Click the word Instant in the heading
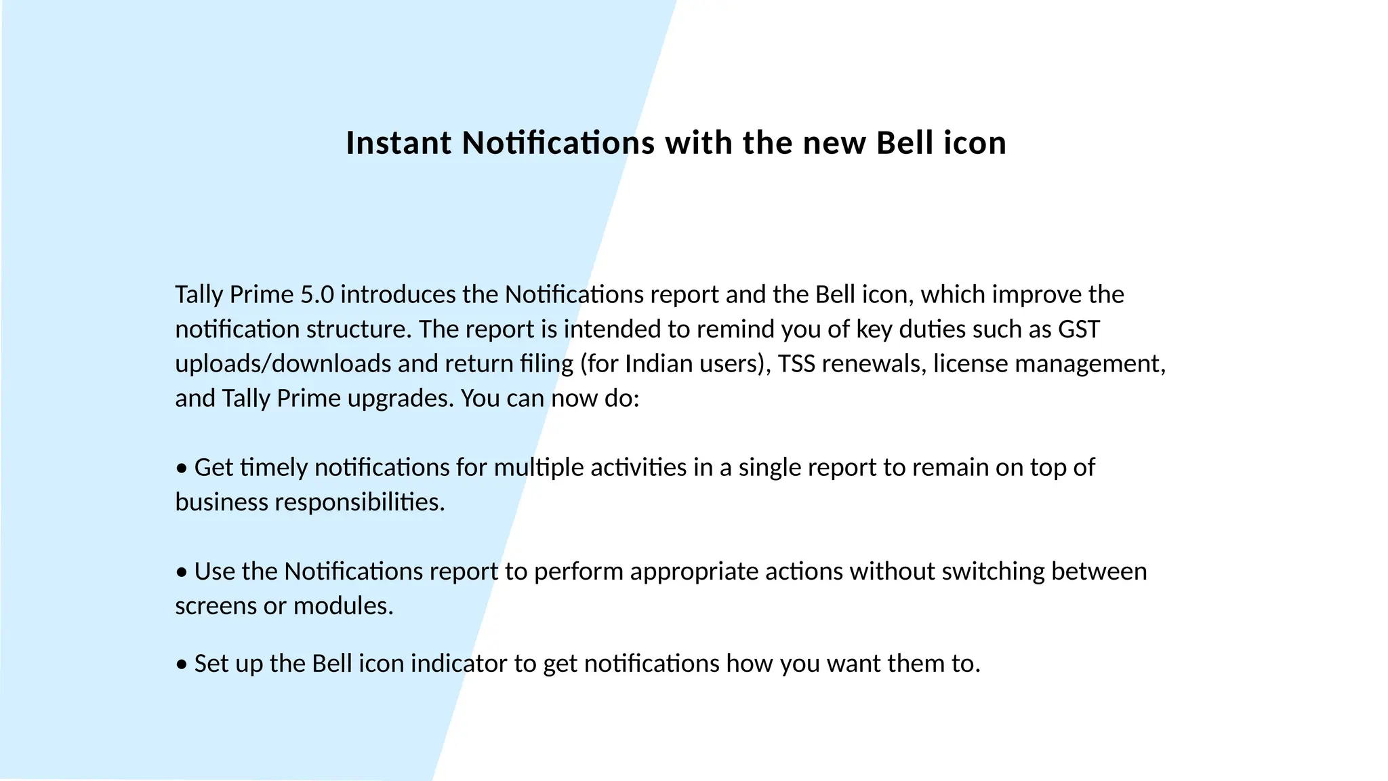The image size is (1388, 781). coord(398,143)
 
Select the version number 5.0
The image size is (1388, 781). coord(317,295)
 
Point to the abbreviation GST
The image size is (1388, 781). coord(1079,329)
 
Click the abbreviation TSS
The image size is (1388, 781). coord(796,364)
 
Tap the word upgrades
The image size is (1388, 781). coord(400,399)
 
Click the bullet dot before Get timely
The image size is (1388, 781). coord(181,468)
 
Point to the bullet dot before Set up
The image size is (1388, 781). coord(181,664)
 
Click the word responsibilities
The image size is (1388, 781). coord(359,502)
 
